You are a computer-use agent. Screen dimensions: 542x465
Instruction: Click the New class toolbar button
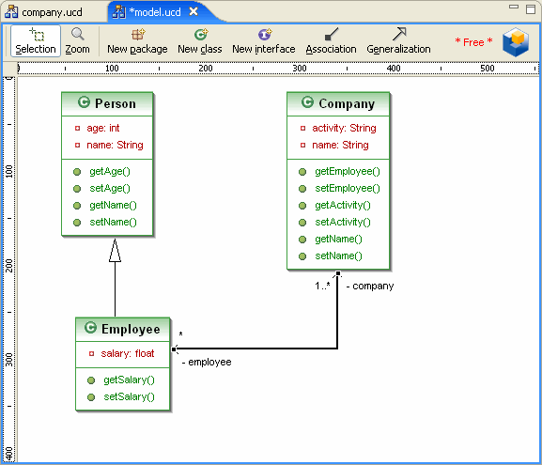(x=200, y=41)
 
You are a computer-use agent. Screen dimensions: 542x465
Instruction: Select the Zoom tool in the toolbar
(x=77, y=41)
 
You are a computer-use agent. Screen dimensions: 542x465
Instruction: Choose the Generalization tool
(x=398, y=41)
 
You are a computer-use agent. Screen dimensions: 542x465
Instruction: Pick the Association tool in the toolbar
(x=331, y=41)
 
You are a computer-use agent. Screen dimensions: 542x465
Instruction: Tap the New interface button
(x=264, y=41)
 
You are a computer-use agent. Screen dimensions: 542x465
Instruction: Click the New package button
(x=137, y=41)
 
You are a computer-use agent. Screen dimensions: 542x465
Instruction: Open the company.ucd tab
(x=44, y=12)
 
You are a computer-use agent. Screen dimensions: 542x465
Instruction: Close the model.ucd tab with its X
(x=194, y=12)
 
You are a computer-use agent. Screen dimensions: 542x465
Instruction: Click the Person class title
(x=116, y=103)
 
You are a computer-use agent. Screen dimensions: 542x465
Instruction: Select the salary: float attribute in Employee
(x=128, y=353)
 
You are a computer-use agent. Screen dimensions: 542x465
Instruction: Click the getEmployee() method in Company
(x=348, y=172)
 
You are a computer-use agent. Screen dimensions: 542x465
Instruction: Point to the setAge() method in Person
(x=110, y=189)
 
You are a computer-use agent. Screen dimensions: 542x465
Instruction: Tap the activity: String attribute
(x=345, y=128)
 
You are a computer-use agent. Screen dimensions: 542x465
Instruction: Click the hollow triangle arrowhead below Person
(x=116, y=250)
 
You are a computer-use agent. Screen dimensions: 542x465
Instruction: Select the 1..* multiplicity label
(x=322, y=286)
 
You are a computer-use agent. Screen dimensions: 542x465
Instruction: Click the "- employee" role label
(x=207, y=362)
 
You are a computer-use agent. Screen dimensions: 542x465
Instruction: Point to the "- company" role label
(x=370, y=286)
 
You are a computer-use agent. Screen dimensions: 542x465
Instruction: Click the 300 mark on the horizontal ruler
(x=300, y=69)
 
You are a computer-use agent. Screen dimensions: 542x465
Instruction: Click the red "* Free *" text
(x=473, y=42)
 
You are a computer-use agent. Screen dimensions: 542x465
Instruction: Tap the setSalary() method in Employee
(x=129, y=396)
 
